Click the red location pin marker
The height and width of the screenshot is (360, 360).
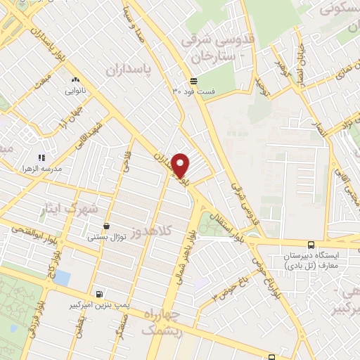[x=181, y=165]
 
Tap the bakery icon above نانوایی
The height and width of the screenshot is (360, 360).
[x=75, y=79]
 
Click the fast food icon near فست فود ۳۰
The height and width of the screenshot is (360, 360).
[x=193, y=80]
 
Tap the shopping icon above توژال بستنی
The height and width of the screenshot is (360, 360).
[x=106, y=226]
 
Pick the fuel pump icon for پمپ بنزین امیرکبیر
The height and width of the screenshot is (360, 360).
[x=100, y=294]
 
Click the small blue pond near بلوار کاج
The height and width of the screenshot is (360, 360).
[x=62, y=278]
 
